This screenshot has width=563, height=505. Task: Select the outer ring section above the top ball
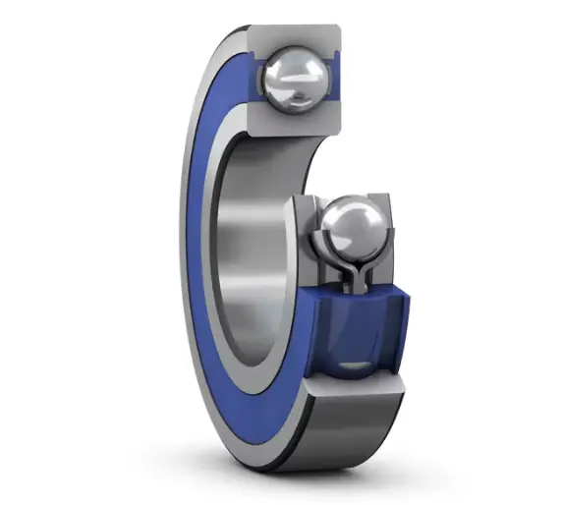point(294,36)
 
